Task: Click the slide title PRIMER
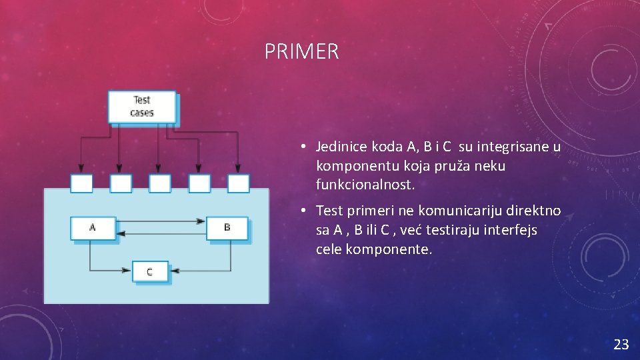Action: pos(301,51)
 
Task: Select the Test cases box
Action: pos(142,107)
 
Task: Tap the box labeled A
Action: pos(93,228)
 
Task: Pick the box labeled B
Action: pos(227,228)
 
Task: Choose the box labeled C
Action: pos(149,272)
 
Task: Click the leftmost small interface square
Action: pos(81,183)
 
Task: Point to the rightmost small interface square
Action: pos(238,183)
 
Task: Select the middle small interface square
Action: pos(160,183)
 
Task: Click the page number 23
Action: pos(621,344)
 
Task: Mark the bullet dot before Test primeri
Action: pos(303,211)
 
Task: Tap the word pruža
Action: pos(453,165)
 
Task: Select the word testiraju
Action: pos(457,230)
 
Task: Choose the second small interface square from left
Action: pos(121,183)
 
